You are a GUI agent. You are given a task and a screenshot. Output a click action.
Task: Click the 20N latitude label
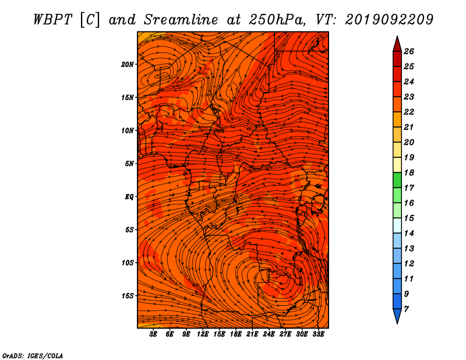click(127, 65)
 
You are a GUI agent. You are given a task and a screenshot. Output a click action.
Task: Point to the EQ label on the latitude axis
click(129, 197)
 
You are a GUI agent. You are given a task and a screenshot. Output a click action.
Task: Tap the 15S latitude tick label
click(127, 296)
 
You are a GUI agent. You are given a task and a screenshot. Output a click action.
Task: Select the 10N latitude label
click(127, 130)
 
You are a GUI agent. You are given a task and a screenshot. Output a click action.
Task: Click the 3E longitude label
click(153, 334)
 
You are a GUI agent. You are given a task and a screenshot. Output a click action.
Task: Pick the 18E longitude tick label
click(236, 334)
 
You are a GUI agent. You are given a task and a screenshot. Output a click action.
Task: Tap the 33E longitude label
click(318, 334)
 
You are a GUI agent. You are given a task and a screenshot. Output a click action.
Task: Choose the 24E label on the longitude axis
click(269, 334)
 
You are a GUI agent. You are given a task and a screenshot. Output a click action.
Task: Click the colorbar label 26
click(409, 51)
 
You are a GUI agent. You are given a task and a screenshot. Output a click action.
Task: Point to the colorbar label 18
click(409, 172)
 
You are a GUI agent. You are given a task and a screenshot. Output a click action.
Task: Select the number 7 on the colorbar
click(406, 309)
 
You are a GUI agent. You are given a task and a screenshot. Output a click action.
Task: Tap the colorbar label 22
click(409, 112)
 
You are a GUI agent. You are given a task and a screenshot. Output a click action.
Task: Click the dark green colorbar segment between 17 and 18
click(397, 180)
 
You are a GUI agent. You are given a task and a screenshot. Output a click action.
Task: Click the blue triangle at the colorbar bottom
click(397, 315)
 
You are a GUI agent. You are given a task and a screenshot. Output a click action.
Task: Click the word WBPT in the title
click(52, 20)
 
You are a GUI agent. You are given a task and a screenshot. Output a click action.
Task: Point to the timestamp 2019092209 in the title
click(389, 20)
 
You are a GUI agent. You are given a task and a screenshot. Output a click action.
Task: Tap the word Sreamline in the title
click(181, 20)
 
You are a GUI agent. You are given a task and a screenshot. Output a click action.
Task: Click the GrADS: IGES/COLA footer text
click(33, 356)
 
